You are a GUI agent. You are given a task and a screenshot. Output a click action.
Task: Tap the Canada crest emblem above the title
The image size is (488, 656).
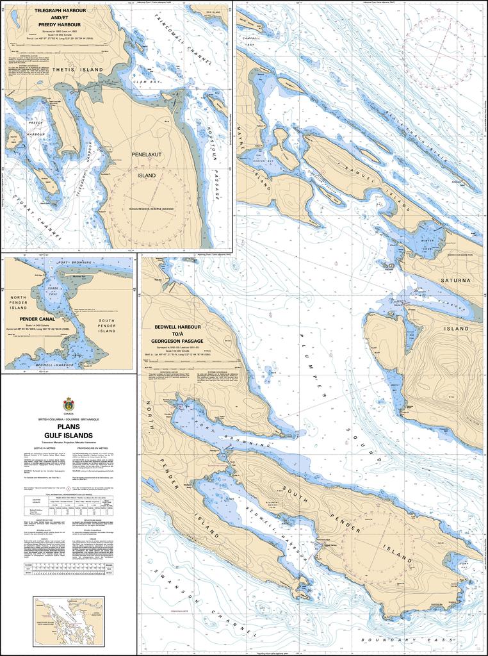[69, 405]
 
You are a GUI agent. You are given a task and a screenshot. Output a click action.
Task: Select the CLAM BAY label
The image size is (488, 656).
[142, 83]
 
